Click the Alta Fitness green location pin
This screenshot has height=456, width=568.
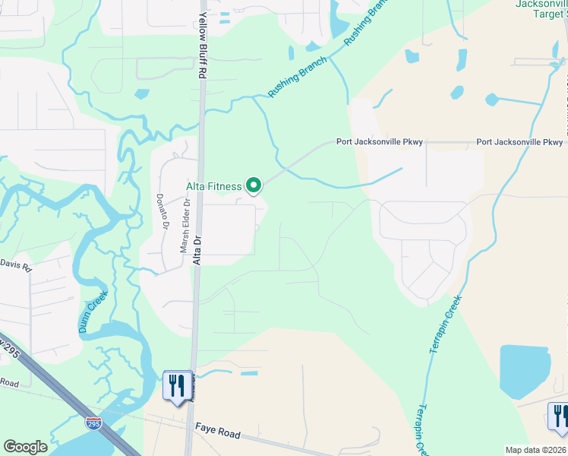[254, 185]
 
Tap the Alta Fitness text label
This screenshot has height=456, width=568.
[214, 186]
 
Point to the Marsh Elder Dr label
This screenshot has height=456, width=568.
[185, 226]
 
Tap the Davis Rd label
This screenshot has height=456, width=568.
[16, 265]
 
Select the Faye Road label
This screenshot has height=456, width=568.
[218, 433]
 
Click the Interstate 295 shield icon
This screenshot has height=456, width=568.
[93, 423]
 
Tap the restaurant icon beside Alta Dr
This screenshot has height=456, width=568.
[177, 386]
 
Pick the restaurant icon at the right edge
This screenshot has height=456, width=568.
[559, 416]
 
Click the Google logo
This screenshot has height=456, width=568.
[26, 447]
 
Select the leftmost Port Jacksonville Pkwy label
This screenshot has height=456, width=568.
[380, 142]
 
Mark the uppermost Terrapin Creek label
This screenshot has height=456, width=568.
[445, 325]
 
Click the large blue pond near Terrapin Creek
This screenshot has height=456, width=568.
[525, 372]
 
